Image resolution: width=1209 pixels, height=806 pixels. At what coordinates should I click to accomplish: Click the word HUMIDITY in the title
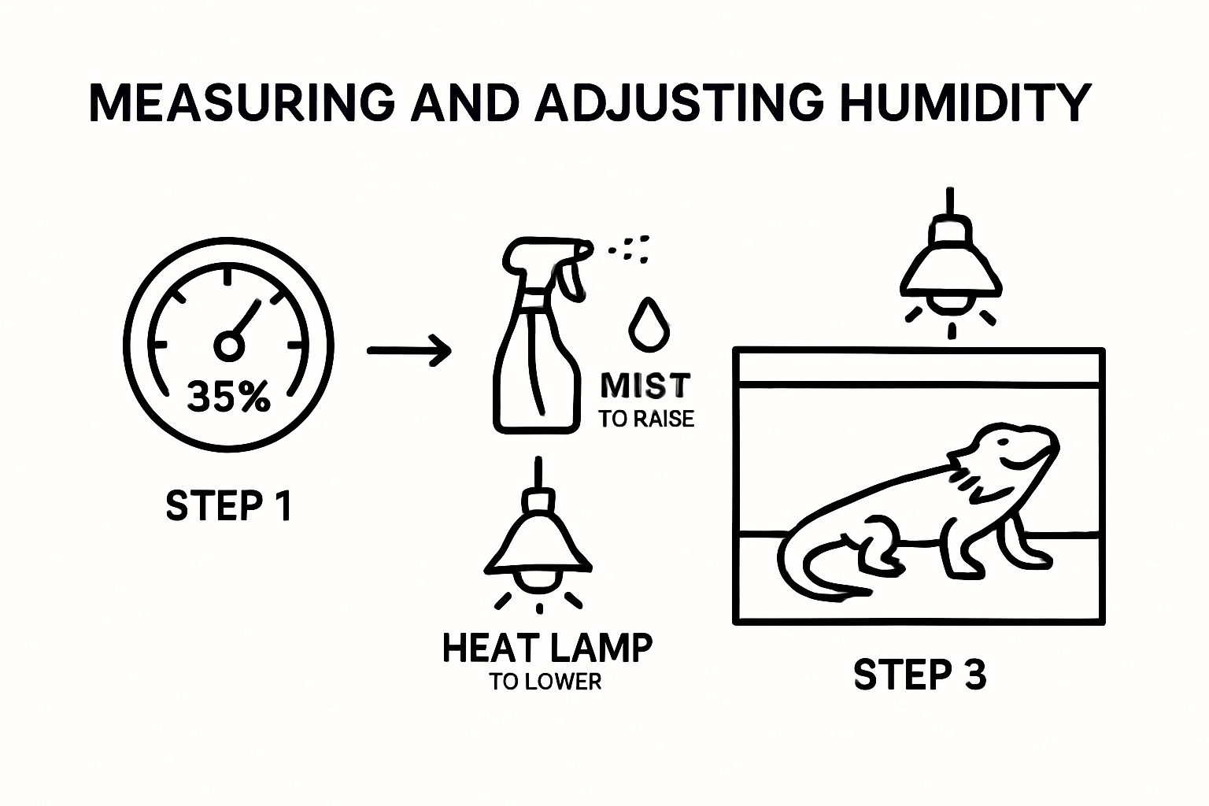[967, 102]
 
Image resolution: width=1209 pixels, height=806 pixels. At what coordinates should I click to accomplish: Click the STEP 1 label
[229, 505]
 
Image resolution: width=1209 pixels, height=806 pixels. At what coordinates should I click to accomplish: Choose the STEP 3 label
[919, 675]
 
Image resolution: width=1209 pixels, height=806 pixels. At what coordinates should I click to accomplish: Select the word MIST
[645, 386]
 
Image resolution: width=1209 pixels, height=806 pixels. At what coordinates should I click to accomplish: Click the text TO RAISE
[646, 419]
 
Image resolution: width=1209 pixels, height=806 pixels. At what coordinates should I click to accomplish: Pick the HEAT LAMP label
[547, 648]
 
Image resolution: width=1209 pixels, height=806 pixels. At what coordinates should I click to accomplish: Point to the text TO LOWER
[545, 682]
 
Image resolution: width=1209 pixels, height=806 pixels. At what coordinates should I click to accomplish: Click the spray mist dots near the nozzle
[630, 247]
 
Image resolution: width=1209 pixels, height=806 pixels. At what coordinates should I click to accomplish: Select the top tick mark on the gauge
[227, 277]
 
